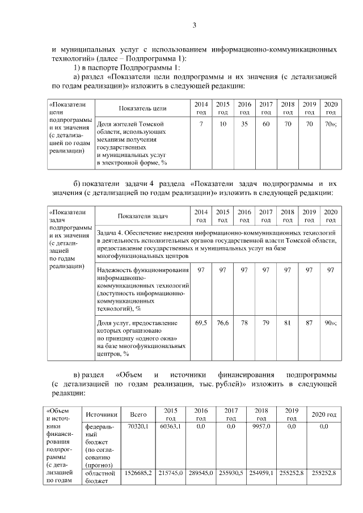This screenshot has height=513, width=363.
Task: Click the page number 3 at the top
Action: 194,24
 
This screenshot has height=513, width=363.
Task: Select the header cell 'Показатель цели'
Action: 142,108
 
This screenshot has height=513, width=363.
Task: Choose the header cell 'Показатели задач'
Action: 142,216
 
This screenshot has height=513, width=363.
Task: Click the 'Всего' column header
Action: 138,414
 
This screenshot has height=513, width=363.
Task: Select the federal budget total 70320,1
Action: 138,426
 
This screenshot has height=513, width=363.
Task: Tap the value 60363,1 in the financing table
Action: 170,426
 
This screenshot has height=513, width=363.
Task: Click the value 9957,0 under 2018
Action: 261,426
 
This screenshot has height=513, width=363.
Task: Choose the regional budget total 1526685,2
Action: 138,472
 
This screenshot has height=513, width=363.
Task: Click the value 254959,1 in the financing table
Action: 261,472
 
